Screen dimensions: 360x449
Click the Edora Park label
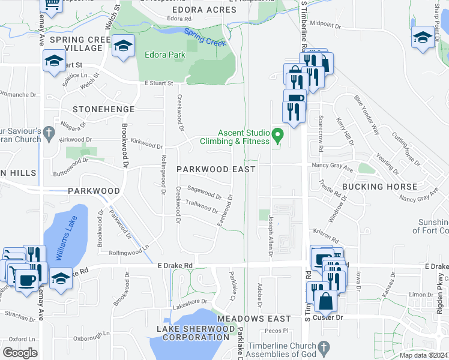[x=165, y=55]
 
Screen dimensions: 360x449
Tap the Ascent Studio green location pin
[x=277, y=136]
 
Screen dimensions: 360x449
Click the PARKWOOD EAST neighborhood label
[x=216, y=169]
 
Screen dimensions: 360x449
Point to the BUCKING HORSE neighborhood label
[x=379, y=187]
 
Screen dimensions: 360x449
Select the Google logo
[x=20, y=353]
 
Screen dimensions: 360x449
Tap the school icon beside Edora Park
[x=123, y=46]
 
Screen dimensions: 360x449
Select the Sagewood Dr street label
[x=205, y=193]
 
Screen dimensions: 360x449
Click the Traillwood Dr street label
[x=202, y=207]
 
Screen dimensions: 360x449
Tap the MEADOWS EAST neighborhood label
[x=246, y=318]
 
